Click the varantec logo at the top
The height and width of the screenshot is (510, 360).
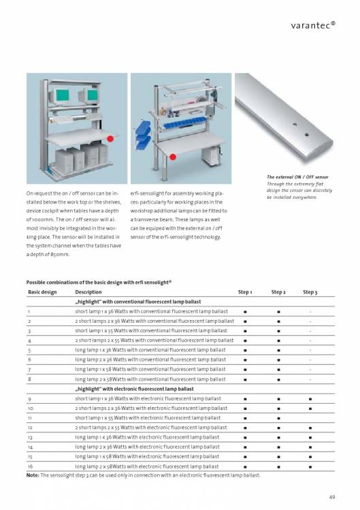click(x=313, y=25)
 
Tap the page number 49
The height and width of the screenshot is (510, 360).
click(x=331, y=497)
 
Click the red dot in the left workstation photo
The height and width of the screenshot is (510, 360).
click(x=110, y=138)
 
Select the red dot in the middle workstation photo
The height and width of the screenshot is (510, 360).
click(x=173, y=157)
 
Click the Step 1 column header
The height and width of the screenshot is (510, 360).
click(x=245, y=292)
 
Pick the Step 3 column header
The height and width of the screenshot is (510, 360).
click(x=310, y=292)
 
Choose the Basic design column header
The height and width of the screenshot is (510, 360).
click(x=42, y=292)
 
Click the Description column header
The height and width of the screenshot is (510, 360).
click(x=88, y=292)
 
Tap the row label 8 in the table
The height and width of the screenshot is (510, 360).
click(x=29, y=379)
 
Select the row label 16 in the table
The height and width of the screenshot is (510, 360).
click(x=30, y=466)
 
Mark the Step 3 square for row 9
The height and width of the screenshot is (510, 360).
click(x=310, y=399)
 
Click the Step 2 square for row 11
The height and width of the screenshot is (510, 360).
click(x=279, y=418)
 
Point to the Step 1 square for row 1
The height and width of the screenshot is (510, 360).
click(x=245, y=312)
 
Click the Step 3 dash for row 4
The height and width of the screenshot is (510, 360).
click(x=310, y=341)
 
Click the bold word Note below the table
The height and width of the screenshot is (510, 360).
click(x=32, y=475)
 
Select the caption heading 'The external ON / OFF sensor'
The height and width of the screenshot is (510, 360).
click(x=297, y=177)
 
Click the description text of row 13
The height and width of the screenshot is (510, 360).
click(x=147, y=437)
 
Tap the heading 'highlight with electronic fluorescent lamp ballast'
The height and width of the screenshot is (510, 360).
click(x=134, y=389)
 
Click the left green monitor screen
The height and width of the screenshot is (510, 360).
click(x=63, y=95)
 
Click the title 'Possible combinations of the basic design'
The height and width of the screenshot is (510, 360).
click(x=99, y=283)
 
